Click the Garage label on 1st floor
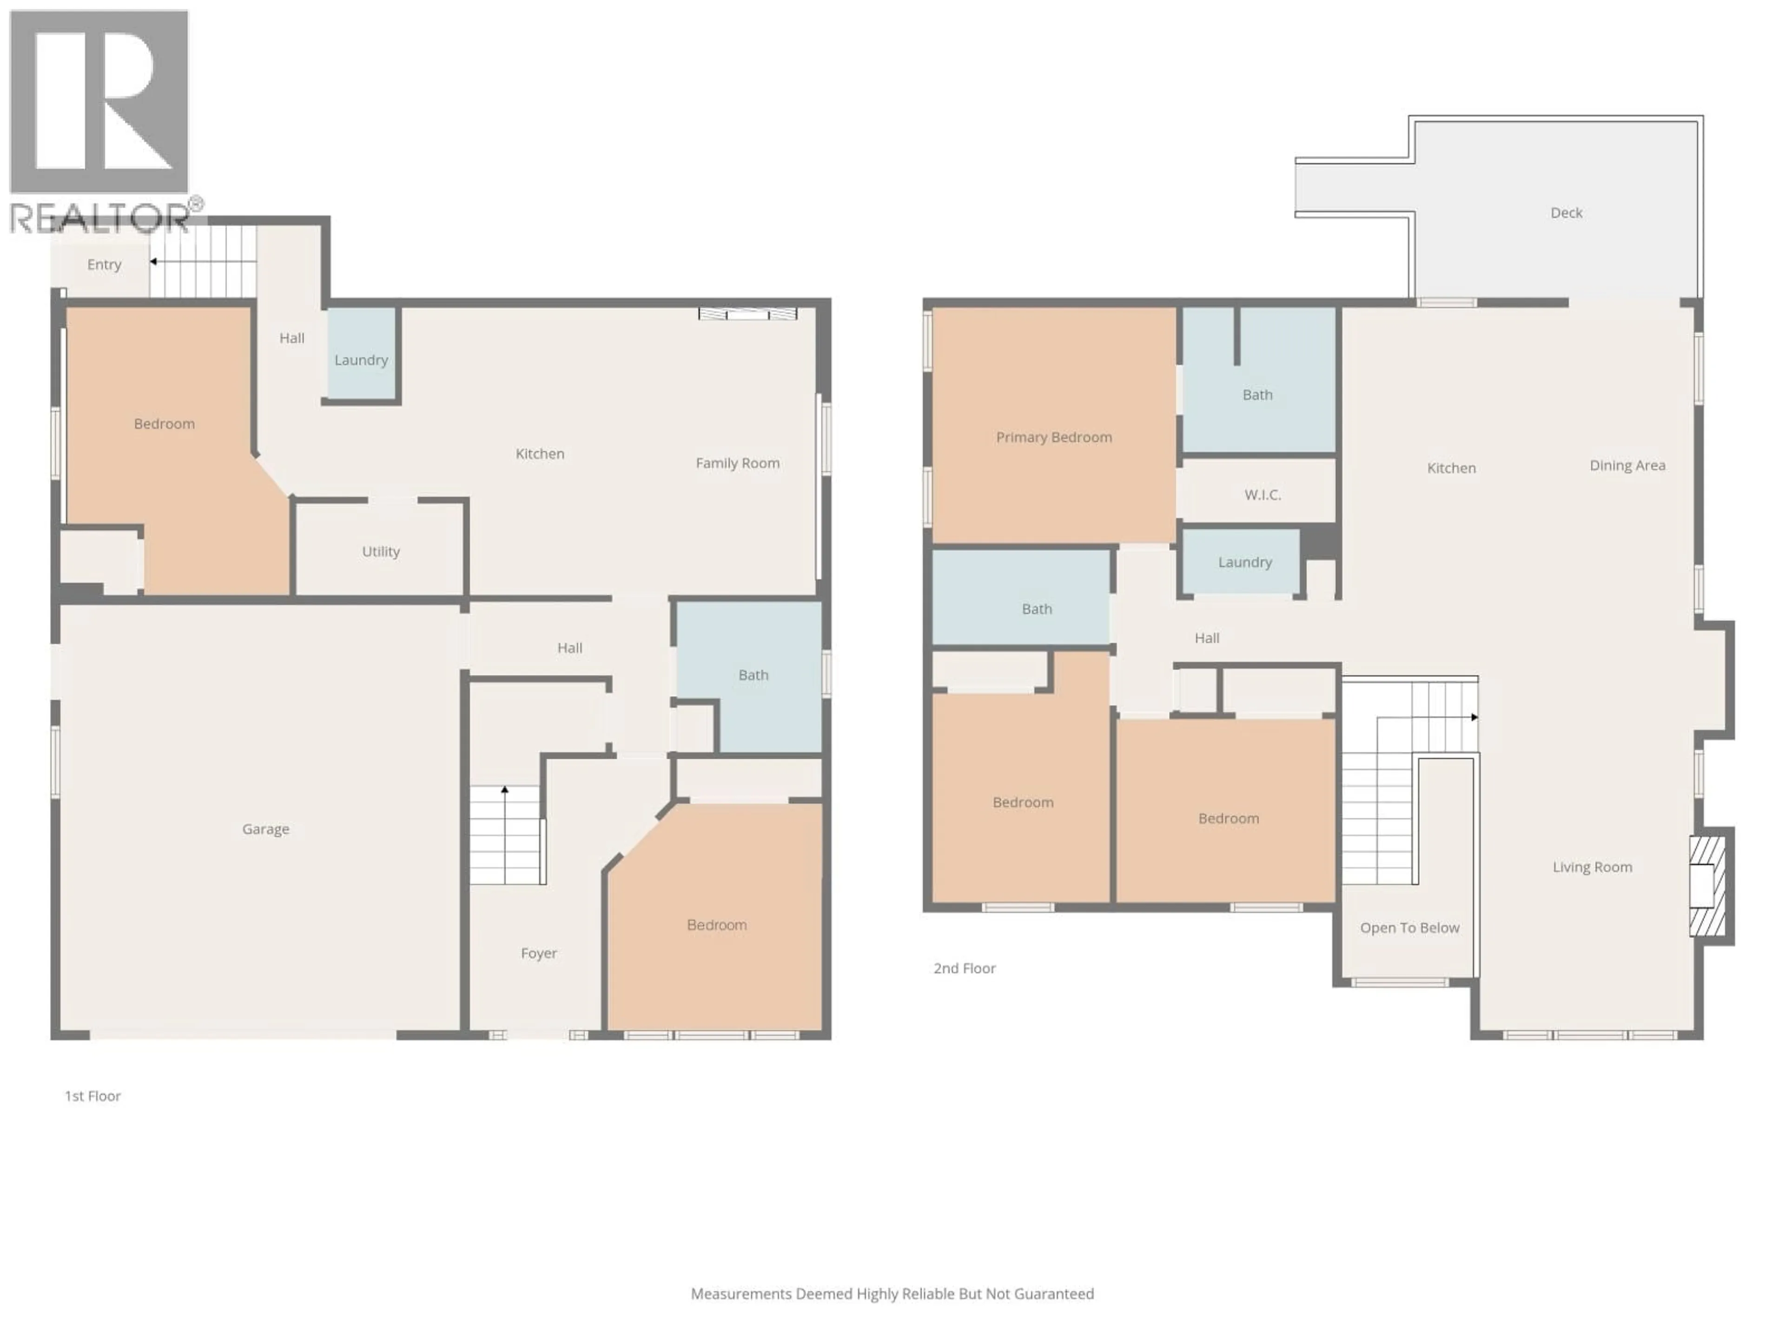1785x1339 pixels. (265, 829)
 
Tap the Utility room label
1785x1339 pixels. (380, 551)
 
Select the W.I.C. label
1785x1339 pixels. (1262, 495)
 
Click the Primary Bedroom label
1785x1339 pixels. (1053, 437)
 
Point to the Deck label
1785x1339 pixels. (1566, 213)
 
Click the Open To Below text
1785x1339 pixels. (1409, 928)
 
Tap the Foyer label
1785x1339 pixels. (538, 953)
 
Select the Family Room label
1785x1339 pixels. (737, 463)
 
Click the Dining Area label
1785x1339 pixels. (1627, 466)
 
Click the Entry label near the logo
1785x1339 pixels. (104, 265)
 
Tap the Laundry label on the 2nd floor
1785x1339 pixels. (1244, 563)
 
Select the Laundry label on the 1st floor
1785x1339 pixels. (361, 360)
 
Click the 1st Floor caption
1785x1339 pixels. (93, 1096)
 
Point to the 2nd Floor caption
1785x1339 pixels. (965, 968)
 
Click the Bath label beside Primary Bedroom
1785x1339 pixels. (1256, 395)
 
